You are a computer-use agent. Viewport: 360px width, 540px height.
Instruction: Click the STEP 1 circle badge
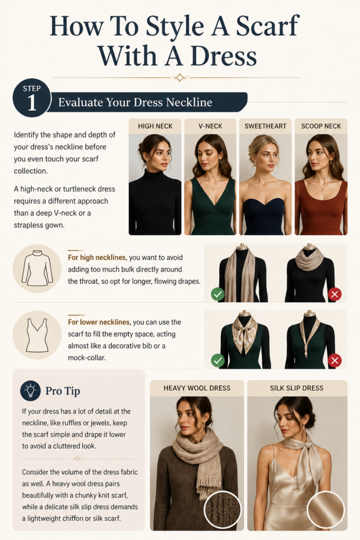(x=32, y=98)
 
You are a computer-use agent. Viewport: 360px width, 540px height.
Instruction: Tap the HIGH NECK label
(x=155, y=126)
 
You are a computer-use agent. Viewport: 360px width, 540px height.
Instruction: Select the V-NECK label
(x=210, y=126)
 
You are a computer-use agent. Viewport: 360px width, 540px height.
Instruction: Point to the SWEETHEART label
(x=265, y=126)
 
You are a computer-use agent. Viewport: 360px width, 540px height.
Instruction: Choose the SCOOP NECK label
(x=321, y=126)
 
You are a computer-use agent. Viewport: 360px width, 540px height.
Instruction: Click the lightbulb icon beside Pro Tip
(x=30, y=391)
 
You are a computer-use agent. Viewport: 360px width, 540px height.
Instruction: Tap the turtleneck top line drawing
(x=37, y=268)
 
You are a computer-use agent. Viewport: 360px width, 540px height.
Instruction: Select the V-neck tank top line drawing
(x=37, y=335)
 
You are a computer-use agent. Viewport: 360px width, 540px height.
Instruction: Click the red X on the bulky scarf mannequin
(x=335, y=294)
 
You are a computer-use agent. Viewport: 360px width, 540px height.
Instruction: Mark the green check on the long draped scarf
(x=218, y=294)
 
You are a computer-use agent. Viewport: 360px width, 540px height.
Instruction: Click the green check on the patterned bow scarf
(x=218, y=361)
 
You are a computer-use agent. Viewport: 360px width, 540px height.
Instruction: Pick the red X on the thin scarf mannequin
(x=335, y=361)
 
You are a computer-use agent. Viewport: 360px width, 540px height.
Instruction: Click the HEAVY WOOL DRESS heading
(x=197, y=388)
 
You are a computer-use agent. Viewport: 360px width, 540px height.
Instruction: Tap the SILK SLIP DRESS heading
(x=297, y=388)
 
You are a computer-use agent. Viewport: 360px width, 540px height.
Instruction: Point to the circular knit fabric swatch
(x=222, y=509)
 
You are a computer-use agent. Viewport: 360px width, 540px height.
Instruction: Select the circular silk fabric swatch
(x=326, y=509)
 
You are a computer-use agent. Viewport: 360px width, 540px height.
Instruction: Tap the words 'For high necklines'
(x=96, y=257)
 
